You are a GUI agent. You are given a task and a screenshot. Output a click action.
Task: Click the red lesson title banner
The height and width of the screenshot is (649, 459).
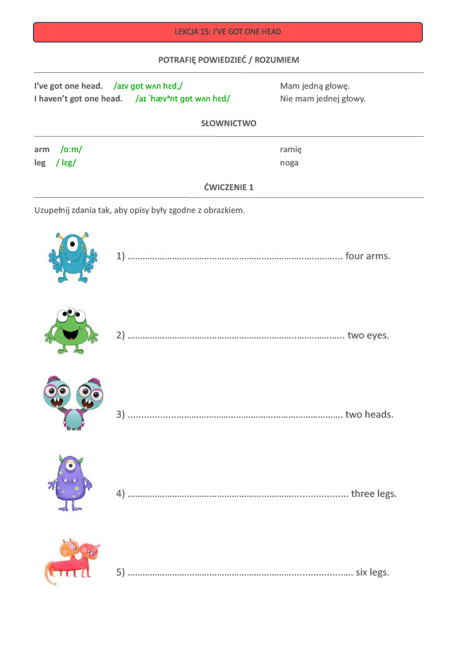coord(228,32)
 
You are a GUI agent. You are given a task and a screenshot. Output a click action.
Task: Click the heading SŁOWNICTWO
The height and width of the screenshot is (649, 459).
coord(228,123)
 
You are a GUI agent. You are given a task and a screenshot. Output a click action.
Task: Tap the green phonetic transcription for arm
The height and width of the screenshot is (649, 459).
coord(71,150)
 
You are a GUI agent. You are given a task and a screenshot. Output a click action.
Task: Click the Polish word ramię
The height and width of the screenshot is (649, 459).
coord(290,150)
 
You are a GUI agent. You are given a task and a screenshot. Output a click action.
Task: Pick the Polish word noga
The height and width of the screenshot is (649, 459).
coord(288,163)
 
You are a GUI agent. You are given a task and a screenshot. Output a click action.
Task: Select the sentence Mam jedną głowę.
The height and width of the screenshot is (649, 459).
coord(315,86)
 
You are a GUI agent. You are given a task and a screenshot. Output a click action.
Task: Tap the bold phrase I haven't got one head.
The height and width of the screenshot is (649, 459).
coord(78,99)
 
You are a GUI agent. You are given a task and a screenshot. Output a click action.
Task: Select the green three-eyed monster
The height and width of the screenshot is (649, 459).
coord(71,330)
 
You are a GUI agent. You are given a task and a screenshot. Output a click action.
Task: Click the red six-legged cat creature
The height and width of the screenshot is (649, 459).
coord(71,562)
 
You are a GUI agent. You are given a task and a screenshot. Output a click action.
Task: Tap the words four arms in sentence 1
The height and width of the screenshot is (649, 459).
coord(368,256)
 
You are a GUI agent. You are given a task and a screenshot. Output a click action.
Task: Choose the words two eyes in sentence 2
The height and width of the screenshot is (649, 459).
coord(368,335)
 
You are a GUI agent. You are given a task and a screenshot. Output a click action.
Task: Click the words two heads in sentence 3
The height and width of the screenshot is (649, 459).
coord(369,414)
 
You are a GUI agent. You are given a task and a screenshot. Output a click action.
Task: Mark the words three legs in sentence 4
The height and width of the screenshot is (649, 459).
coord(373,494)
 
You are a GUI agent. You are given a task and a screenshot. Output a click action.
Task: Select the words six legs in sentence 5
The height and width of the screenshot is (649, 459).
coord(372,572)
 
